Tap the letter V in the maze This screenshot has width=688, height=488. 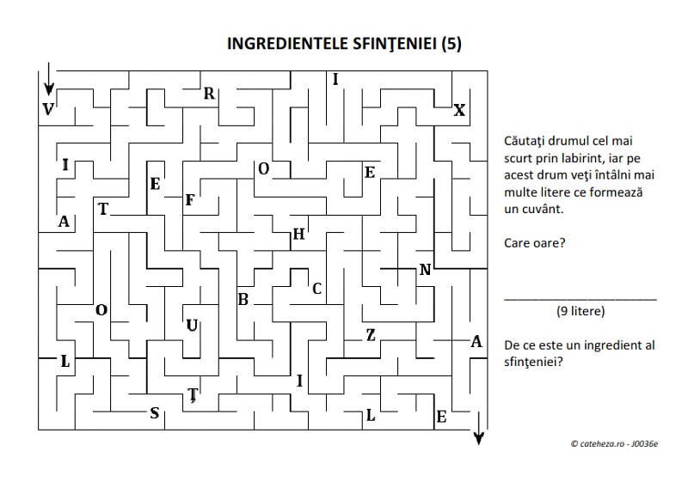(47, 109)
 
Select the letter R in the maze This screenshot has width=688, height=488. (209, 95)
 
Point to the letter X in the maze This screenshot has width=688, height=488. (459, 111)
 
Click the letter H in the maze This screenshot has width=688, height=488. (298, 234)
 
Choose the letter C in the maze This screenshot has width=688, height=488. (316, 289)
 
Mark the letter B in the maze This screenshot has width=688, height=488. (243, 300)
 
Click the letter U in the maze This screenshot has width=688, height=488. (192, 325)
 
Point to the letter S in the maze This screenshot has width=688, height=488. (155, 413)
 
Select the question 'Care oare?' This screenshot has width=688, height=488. (535, 243)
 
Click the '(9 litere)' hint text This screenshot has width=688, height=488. (580, 310)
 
